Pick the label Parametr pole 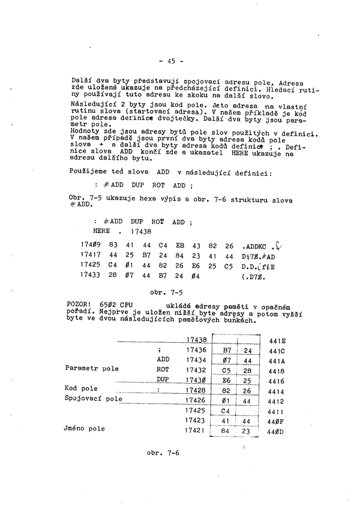92,369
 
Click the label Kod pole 81,389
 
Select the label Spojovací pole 93,399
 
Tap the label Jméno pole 85,429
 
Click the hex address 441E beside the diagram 277,340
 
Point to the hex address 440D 277,432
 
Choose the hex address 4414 277,392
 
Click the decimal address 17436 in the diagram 196,349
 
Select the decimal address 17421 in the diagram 196,431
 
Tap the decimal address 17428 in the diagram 196,390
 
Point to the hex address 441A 277,361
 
